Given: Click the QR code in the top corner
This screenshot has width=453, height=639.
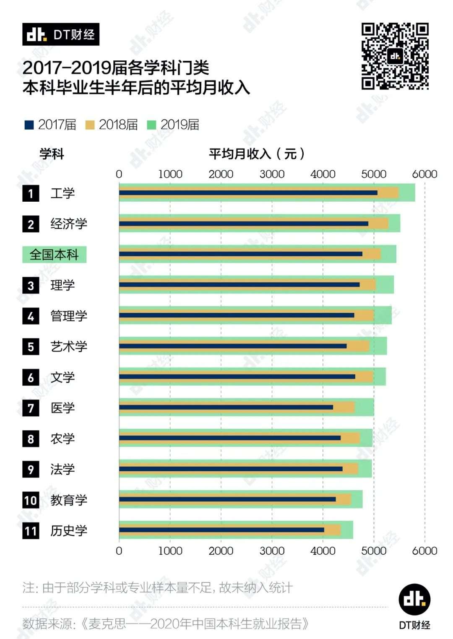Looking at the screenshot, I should coord(395,56).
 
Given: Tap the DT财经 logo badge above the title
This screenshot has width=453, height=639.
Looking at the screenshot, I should coord(61,34).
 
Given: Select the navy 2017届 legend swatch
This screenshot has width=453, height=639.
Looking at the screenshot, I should coord(29,125).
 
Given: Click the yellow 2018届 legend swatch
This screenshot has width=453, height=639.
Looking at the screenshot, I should coord(90,125).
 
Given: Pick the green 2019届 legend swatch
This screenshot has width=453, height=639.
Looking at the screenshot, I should coord(151,125).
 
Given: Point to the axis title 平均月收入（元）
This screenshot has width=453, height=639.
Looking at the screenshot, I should coord(257,154).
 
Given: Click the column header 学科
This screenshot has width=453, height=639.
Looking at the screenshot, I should coord(52,154).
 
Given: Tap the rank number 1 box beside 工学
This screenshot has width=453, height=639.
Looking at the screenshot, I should coord(31,194).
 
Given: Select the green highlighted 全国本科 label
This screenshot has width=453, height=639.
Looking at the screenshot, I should coord(54,255).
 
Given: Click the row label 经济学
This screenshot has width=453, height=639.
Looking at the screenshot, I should coord(69,224).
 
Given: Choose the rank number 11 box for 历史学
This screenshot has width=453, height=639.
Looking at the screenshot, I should coord(31,531).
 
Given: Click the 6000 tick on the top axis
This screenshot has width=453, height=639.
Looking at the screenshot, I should coord(424,174).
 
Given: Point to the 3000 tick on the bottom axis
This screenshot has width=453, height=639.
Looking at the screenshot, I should coord(272,551).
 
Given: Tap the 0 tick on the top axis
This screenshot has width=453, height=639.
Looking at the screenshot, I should coord(119,174).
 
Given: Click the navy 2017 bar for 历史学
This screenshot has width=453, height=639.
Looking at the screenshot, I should coord(221,530).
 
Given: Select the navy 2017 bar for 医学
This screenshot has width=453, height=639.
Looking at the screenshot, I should coord(226,407).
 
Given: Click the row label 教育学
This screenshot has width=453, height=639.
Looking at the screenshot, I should coord(69,500).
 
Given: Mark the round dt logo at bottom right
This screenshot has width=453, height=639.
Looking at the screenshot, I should coord(414,600).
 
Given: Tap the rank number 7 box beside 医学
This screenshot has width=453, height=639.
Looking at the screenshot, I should coord(31,408).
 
